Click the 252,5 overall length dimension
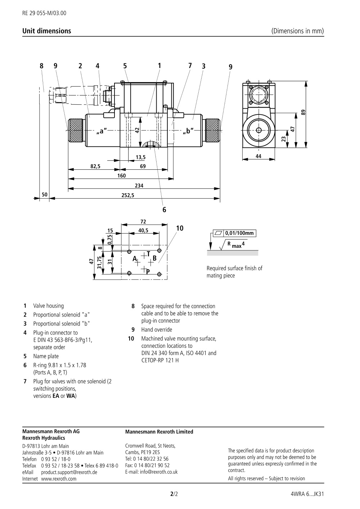click(x=128, y=195)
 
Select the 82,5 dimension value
click(x=95, y=166)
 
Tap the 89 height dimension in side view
click(x=303, y=112)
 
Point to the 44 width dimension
click(x=258, y=156)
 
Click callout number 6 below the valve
click(x=164, y=209)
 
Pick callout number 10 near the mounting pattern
click(x=180, y=228)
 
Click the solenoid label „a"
click(x=102, y=131)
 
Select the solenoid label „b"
click(x=188, y=131)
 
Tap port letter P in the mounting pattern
click(x=148, y=272)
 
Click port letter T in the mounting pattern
click(x=149, y=254)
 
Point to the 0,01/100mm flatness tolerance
click(x=239, y=233)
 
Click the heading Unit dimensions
click(x=47, y=31)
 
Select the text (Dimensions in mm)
click(x=297, y=31)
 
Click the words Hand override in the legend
click(x=157, y=330)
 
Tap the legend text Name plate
click(x=46, y=356)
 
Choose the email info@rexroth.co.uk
click(x=159, y=472)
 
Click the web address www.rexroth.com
click(x=59, y=479)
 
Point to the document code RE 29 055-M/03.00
click(x=44, y=13)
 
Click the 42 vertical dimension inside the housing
click(x=137, y=131)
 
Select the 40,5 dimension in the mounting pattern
click(x=143, y=231)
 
